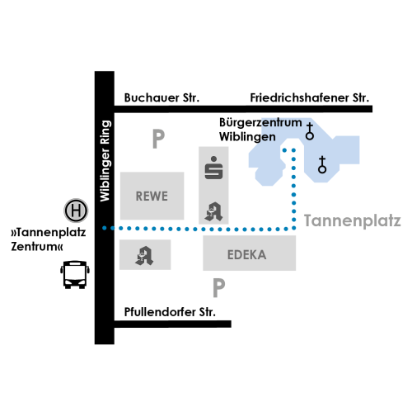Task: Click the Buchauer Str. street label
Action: [162, 98]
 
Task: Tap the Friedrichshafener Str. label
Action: [310, 98]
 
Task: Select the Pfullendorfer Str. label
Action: [170, 312]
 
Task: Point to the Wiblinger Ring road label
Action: [105, 161]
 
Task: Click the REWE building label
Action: [152, 196]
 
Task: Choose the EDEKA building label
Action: [246, 255]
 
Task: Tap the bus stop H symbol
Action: [76, 211]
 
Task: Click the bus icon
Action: [75, 275]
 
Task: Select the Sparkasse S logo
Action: [213, 168]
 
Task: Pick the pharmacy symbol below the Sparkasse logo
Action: [213, 211]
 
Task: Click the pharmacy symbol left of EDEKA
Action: [144, 256]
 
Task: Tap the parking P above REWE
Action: [158, 139]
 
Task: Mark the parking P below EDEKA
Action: [219, 288]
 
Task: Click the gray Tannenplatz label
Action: [353, 221]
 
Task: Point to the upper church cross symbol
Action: [310, 131]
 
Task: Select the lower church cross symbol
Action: [322, 164]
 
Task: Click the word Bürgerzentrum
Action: [260, 122]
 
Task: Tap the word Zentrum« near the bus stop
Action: [37, 246]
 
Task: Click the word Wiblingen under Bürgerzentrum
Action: [247, 137]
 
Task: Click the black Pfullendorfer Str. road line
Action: [173, 324]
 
